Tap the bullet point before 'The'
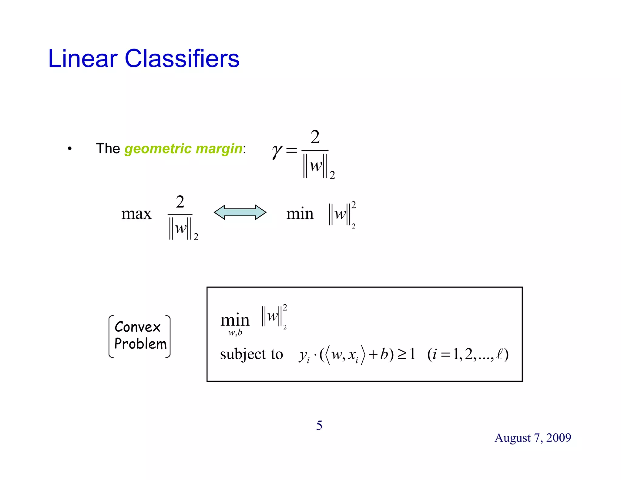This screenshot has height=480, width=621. click(x=70, y=149)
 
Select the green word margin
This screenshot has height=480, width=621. click(x=219, y=149)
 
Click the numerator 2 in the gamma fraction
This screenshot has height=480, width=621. click(x=315, y=137)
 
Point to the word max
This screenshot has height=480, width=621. click(x=136, y=214)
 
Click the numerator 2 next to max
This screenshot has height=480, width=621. click(x=180, y=202)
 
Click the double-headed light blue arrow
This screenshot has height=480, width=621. click(x=240, y=212)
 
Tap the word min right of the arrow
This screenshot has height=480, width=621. click(x=300, y=214)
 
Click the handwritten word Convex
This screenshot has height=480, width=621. click(x=137, y=327)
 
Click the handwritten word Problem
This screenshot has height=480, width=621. click(x=140, y=344)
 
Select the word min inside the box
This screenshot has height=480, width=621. click(x=235, y=320)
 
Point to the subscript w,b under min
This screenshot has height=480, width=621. click(x=235, y=333)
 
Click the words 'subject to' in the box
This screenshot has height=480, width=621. click(x=251, y=354)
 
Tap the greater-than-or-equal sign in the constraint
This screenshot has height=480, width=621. click(x=402, y=354)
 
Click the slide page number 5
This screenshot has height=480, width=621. click(x=319, y=425)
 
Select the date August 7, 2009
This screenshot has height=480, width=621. click(x=533, y=438)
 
